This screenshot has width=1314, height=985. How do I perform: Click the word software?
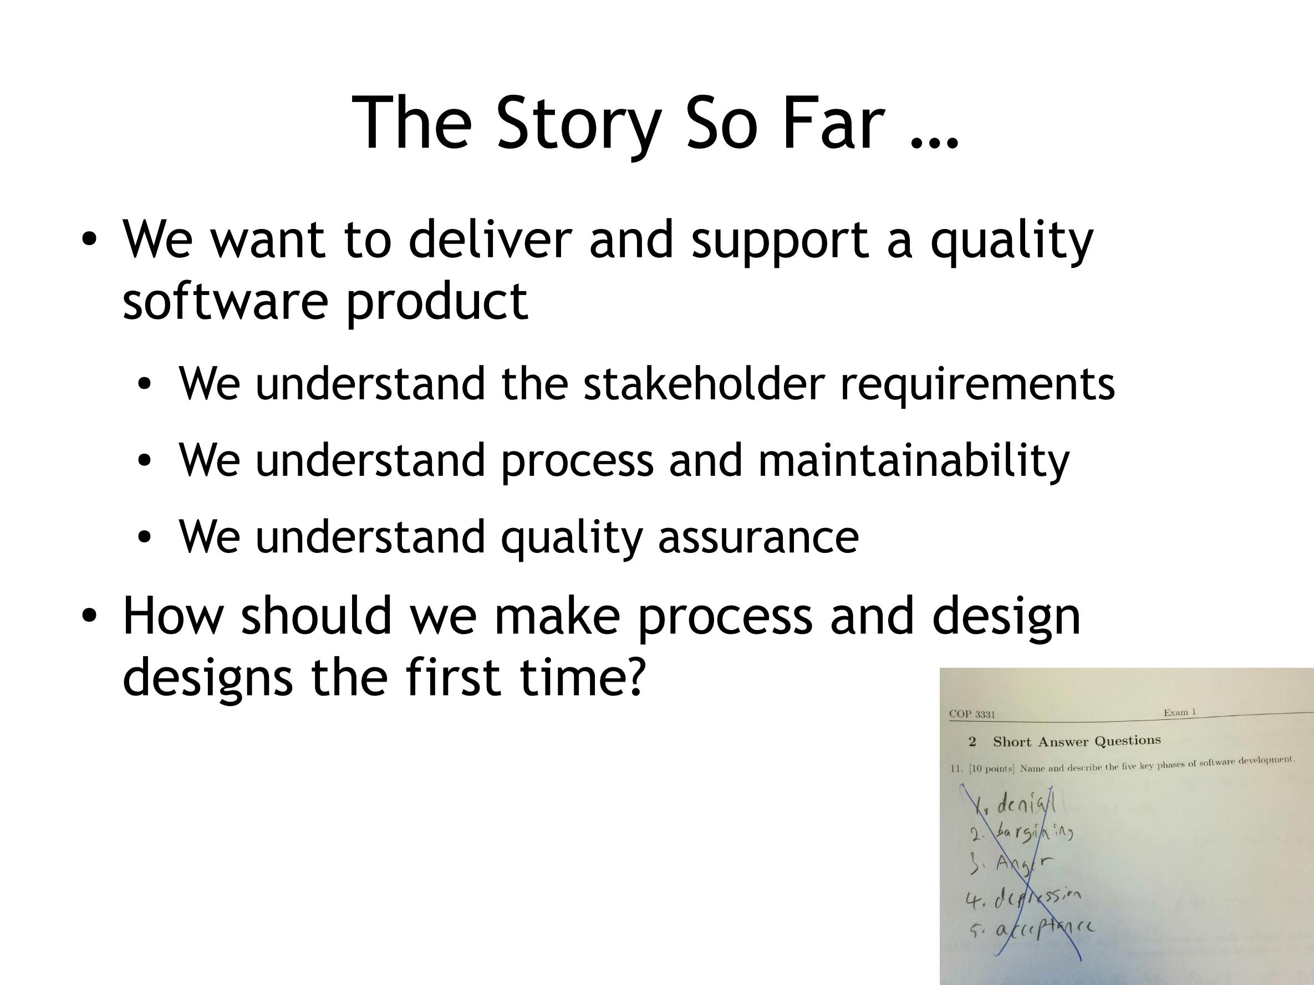click(225, 301)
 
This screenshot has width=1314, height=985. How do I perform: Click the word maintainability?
click(914, 460)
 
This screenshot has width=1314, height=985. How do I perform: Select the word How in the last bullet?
click(172, 616)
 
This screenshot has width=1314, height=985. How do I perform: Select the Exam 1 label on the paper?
click(1180, 712)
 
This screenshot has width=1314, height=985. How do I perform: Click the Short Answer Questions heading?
click(1077, 742)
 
